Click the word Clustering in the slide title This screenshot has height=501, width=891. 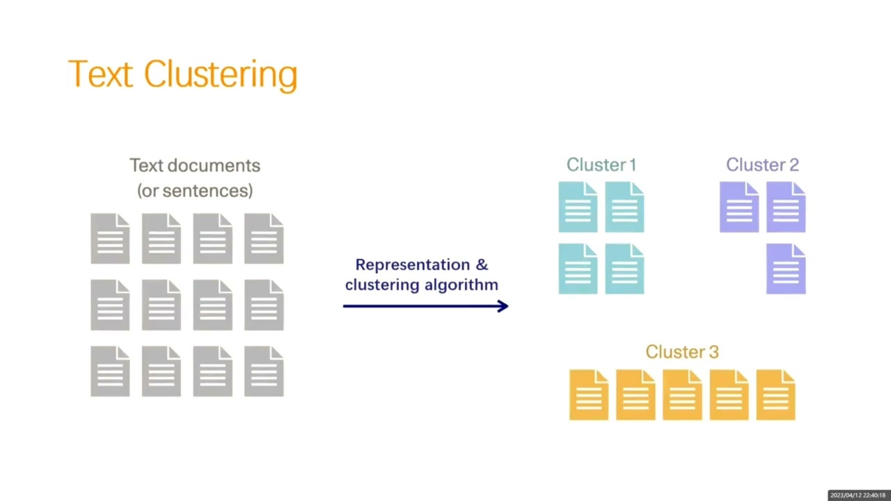(221, 74)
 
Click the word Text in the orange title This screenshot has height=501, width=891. (100, 74)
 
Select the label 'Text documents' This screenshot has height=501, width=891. (195, 166)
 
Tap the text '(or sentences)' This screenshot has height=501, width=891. (195, 191)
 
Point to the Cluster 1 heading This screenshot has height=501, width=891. (601, 165)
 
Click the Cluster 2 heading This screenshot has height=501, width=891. (762, 165)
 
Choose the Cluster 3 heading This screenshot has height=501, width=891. (681, 352)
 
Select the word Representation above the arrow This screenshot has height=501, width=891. (412, 264)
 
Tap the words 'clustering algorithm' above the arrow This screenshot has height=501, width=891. (422, 285)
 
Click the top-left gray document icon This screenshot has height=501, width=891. (110, 239)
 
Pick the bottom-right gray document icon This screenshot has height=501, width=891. (264, 372)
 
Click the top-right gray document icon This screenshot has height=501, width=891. (264, 239)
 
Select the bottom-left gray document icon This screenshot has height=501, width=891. (110, 372)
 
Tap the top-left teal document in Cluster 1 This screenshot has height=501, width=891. (578, 207)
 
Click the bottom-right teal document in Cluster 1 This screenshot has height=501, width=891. (624, 269)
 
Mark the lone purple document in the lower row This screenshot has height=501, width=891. (786, 269)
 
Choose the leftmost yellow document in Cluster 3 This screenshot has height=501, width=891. (589, 395)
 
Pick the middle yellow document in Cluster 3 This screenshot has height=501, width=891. (682, 395)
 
